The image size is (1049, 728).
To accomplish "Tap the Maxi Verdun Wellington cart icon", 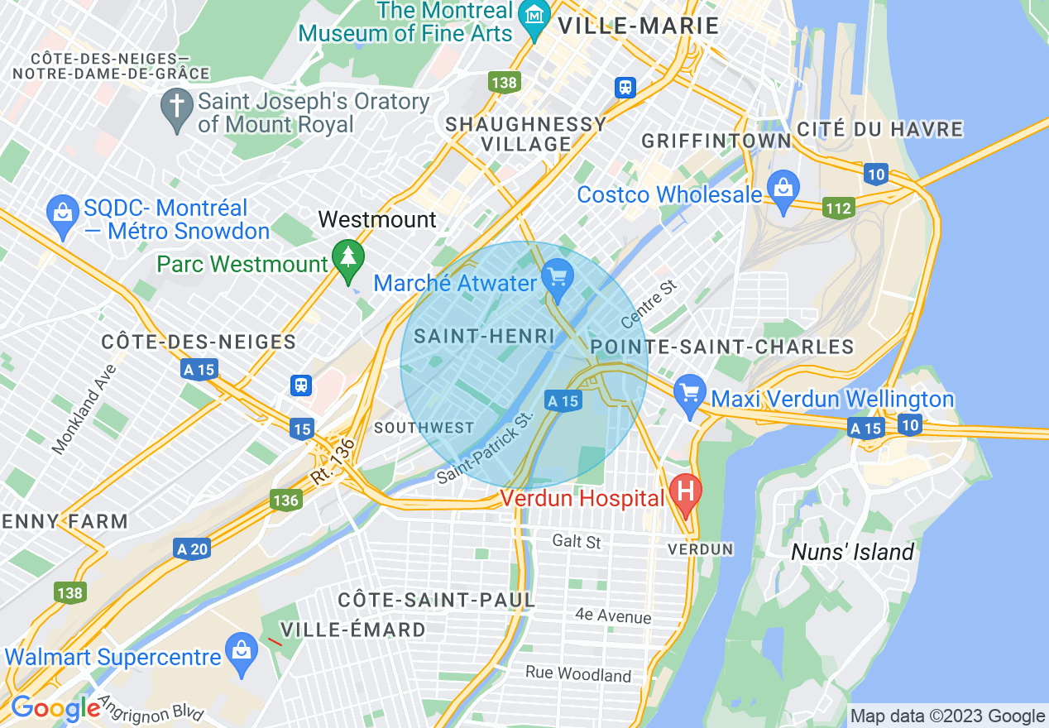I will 689,394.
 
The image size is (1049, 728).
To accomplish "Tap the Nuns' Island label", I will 852,552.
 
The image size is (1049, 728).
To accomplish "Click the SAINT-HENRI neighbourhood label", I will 484,336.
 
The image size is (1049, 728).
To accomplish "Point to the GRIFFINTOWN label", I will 716,141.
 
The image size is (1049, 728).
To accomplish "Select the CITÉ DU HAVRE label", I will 880,129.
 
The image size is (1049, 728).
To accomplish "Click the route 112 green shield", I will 838,208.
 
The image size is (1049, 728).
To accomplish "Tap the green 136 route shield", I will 285,500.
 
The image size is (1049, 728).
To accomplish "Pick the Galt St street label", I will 577,542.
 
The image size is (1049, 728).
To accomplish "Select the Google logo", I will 55,708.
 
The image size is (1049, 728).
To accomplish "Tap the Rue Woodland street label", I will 578,673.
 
